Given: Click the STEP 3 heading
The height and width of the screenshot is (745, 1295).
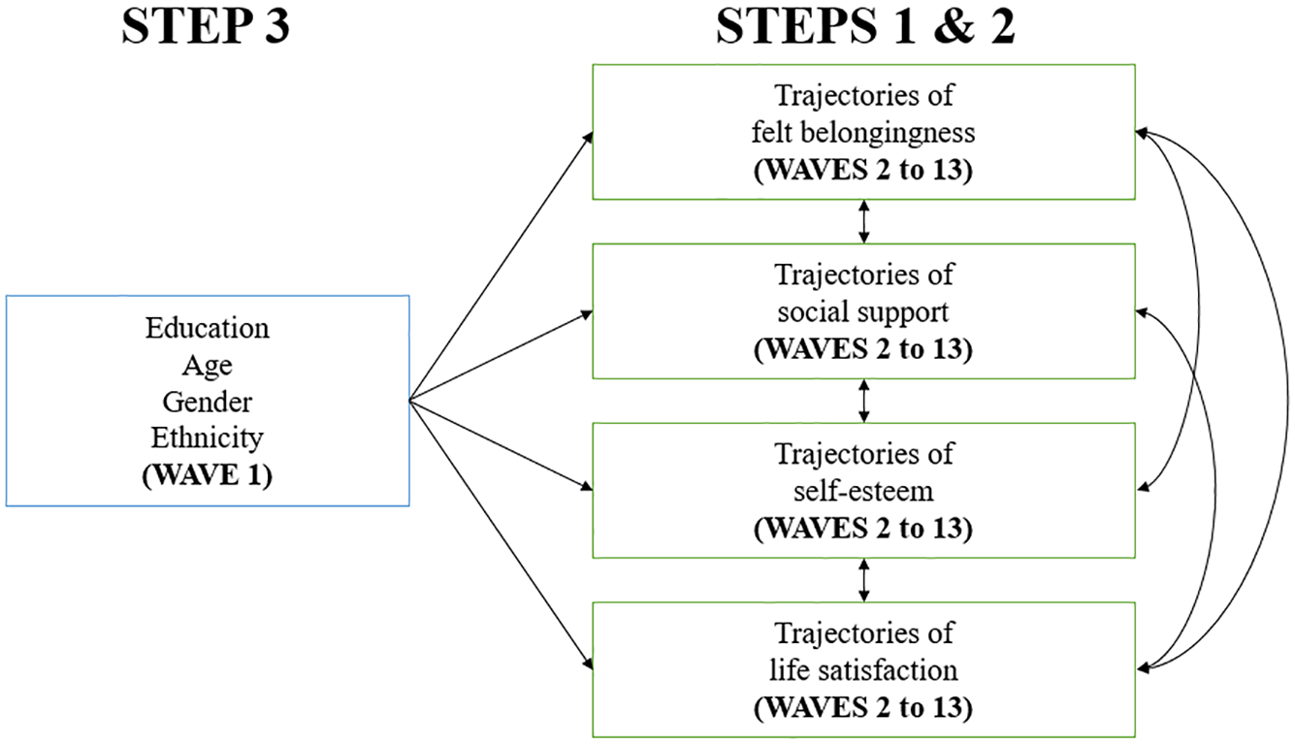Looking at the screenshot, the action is (x=206, y=26).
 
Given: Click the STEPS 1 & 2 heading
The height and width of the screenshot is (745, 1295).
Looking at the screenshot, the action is (x=865, y=26).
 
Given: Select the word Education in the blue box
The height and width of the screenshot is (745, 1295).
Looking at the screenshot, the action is (x=207, y=328).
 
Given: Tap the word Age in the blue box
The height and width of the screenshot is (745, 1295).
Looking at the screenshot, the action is (x=207, y=366).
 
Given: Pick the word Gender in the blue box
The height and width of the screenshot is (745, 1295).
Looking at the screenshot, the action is (x=207, y=403).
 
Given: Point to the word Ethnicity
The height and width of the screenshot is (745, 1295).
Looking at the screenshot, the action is (x=207, y=438).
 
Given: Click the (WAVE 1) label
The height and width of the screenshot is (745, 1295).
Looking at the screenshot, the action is (x=207, y=475).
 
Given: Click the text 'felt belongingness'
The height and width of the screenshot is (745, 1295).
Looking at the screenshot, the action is (x=863, y=133).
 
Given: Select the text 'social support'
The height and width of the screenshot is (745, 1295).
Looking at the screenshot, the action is (x=863, y=312).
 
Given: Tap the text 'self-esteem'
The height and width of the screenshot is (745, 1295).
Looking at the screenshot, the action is (x=863, y=491).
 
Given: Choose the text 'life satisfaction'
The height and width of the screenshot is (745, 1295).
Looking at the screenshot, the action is (x=863, y=670).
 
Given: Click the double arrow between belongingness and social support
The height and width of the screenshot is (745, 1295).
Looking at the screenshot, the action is (x=863, y=221).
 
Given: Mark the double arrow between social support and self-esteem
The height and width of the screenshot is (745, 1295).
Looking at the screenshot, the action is (x=863, y=401).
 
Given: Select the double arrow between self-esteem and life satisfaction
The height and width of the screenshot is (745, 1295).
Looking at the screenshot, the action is (x=863, y=580).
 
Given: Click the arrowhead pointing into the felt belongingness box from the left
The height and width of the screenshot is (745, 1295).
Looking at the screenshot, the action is (x=588, y=138).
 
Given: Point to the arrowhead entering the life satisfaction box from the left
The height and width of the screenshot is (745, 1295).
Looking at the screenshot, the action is (x=588, y=664).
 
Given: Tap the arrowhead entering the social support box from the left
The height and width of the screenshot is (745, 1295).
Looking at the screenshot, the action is (x=586, y=315).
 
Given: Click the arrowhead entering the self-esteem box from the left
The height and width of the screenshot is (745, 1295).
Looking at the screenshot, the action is (x=586, y=487).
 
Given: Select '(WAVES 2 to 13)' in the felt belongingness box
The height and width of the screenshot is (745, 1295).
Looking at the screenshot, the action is (x=863, y=170).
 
